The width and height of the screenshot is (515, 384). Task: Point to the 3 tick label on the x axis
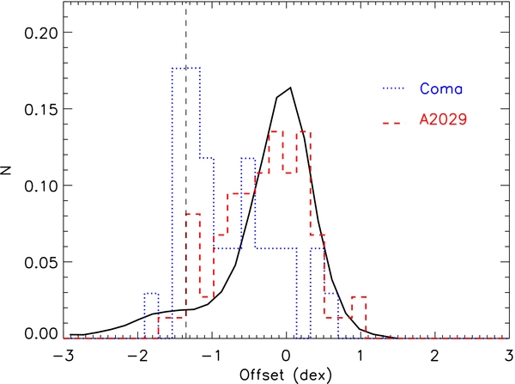pyautogui.click(x=507, y=355)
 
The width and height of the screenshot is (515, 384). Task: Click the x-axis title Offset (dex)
pyautogui.click(x=287, y=375)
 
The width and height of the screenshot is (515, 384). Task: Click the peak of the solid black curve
pyautogui.click(x=291, y=88)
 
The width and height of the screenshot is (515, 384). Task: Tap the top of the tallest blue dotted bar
pyautogui.click(x=185, y=68)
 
